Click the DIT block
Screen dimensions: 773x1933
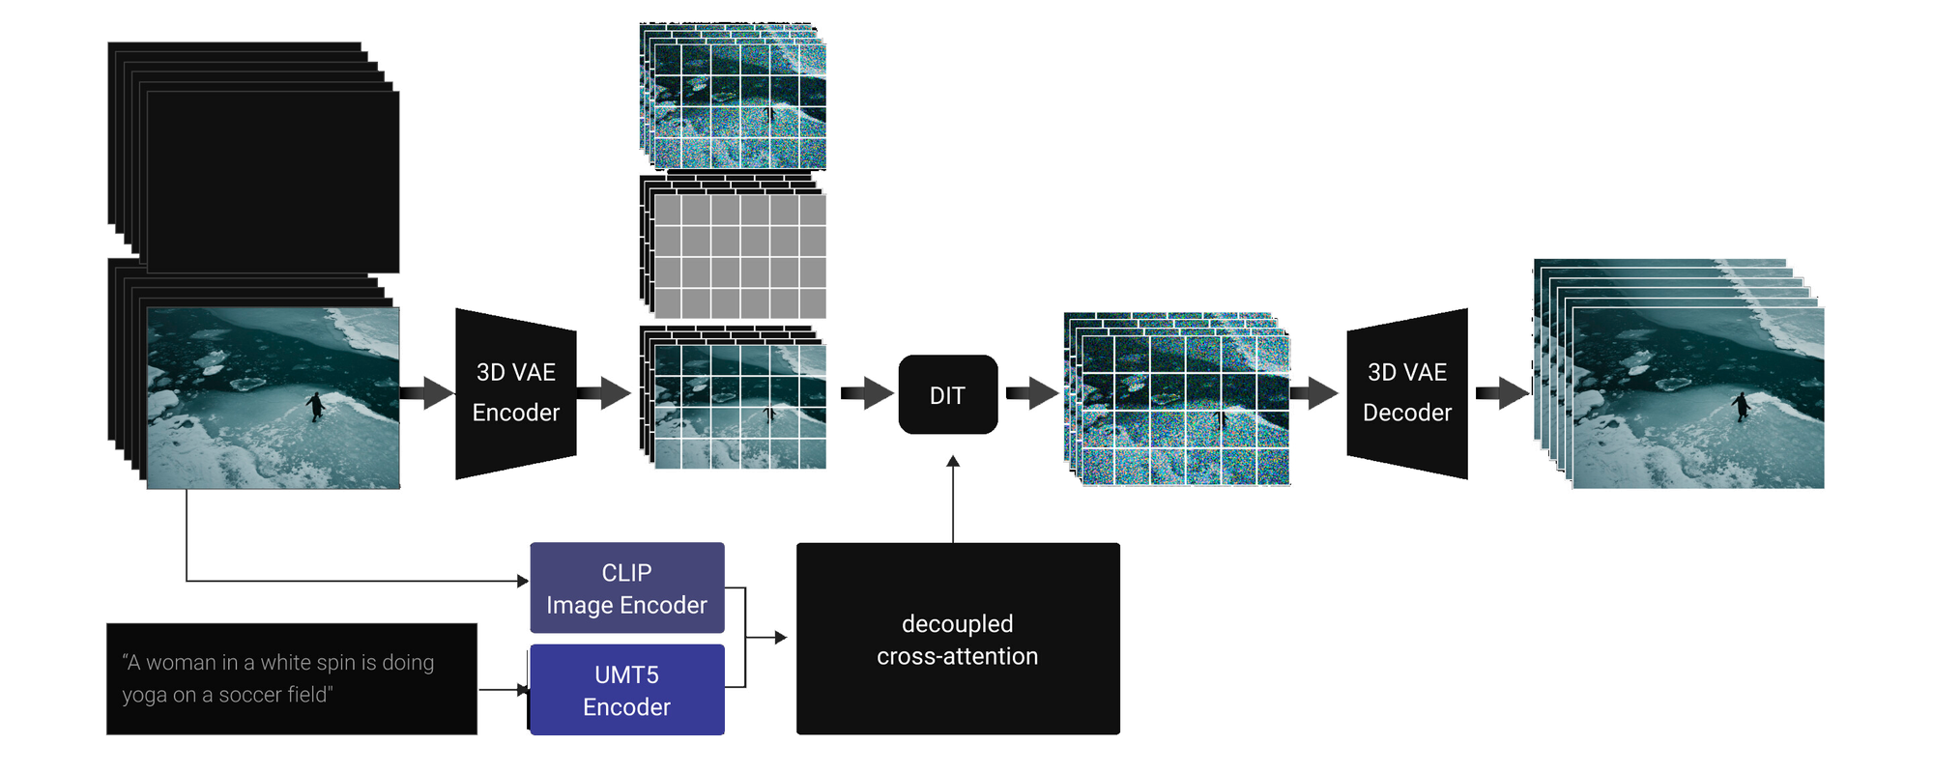pos(947,394)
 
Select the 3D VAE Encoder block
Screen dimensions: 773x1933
pos(515,393)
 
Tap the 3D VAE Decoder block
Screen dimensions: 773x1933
pos(1406,393)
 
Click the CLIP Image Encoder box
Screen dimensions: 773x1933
pos(626,587)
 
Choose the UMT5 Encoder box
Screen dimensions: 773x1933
pos(626,690)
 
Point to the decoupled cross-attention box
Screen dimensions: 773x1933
pos(957,639)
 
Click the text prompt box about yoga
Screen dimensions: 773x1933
pos(291,678)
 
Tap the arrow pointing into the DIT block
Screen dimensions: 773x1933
pos(867,393)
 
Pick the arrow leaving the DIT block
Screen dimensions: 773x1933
pos(1031,393)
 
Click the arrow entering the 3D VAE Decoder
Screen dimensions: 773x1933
pos(1314,393)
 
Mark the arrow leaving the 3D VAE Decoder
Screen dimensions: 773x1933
pos(1501,393)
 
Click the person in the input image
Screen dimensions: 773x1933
pos(315,406)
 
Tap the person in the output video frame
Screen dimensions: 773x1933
pos(1741,406)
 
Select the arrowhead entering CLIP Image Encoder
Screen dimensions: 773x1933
pos(523,581)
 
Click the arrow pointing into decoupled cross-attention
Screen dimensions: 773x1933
pos(779,638)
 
